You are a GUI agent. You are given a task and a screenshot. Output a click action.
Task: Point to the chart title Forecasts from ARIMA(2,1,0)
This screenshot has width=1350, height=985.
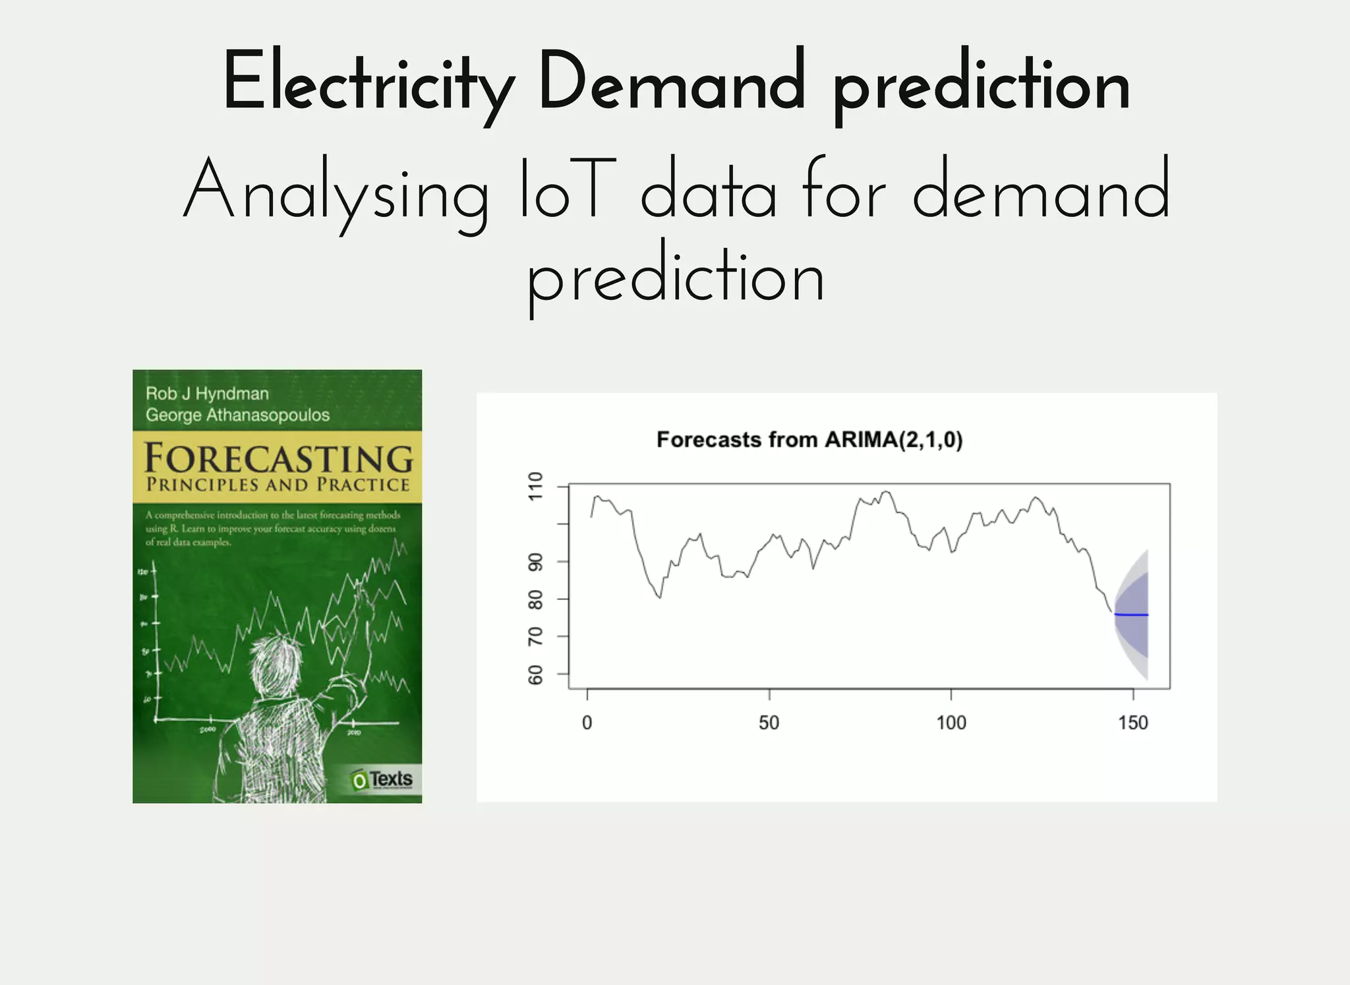point(809,440)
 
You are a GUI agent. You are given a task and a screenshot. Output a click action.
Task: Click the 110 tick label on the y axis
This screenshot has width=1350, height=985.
point(536,487)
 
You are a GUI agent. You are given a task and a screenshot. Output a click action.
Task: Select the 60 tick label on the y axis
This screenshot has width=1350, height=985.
point(536,674)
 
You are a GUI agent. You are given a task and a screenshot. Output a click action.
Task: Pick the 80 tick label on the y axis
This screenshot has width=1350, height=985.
point(536,599)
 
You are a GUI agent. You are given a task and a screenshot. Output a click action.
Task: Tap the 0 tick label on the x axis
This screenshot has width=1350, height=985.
point(587,723)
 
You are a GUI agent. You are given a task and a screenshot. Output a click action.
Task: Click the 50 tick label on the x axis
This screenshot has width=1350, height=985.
point(769,723)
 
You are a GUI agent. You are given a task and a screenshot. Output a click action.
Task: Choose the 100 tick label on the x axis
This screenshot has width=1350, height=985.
point(951,723)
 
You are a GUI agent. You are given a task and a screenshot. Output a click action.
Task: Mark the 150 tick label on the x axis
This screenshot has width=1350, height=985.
point(1132,723)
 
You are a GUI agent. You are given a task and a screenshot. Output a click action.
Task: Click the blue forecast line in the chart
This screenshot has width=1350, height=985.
point(1131,614)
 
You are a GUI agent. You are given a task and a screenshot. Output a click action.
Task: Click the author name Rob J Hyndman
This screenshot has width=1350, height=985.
point(207,394)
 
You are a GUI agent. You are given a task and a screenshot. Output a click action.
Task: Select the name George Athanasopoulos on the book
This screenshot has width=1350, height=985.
point(237,415)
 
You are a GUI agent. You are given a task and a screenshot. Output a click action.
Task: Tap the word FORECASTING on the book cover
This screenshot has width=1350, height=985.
point(278,458)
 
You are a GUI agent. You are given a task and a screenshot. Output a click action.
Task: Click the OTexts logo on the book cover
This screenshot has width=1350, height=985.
point(382,780)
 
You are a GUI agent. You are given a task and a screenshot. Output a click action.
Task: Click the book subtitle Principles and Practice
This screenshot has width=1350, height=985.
point(278,485)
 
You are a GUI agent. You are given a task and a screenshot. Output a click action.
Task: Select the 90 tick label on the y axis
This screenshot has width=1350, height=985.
point(536,562)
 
